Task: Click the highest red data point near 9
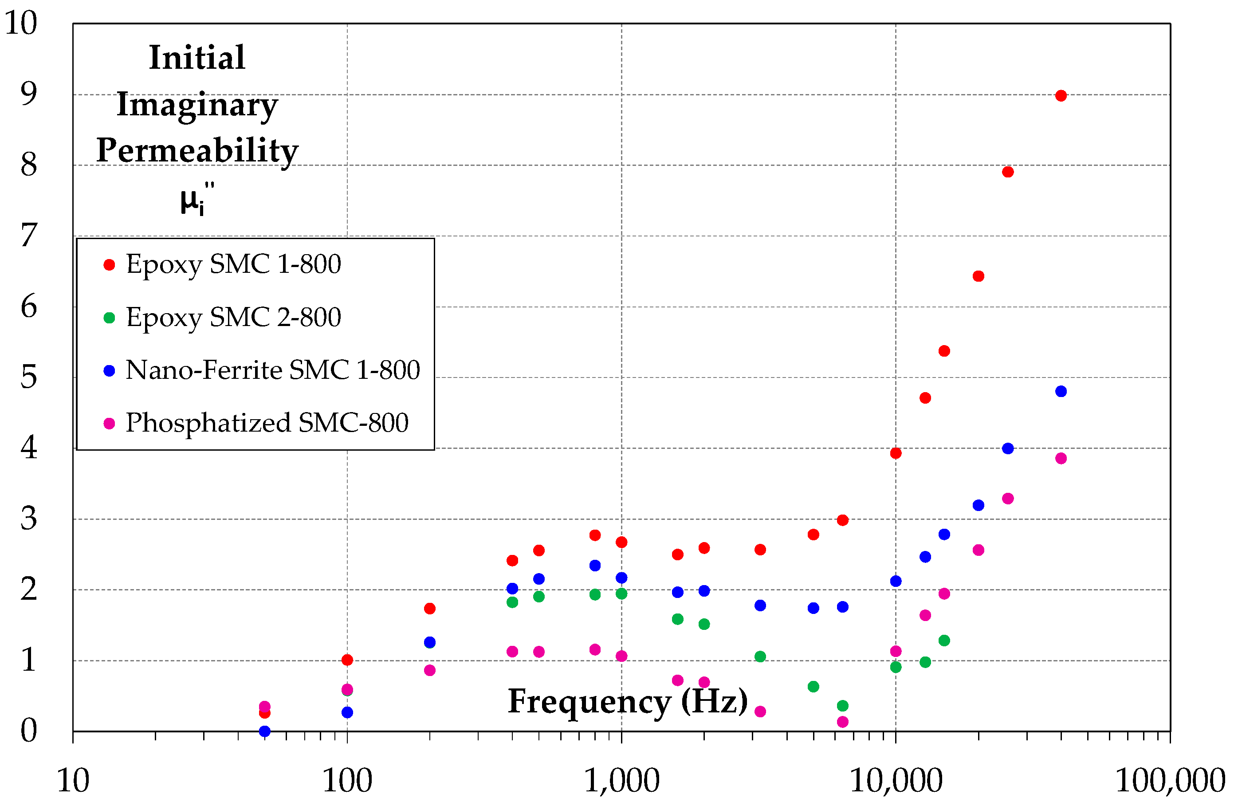[1061, 96]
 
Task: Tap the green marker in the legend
[109, 318]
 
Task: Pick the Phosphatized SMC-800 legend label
[267, 422]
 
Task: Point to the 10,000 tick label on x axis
[895, 781]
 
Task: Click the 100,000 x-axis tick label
[1170, 781]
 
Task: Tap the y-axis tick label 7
[28, 235]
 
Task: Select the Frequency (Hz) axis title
[627, 701]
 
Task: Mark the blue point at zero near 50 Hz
[264, 731]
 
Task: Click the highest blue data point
[1061, 391]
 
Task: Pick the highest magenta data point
[1061, 458]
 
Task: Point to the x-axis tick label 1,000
[621, 781]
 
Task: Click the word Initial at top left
[197, 57]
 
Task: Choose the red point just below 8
[1007, 172]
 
